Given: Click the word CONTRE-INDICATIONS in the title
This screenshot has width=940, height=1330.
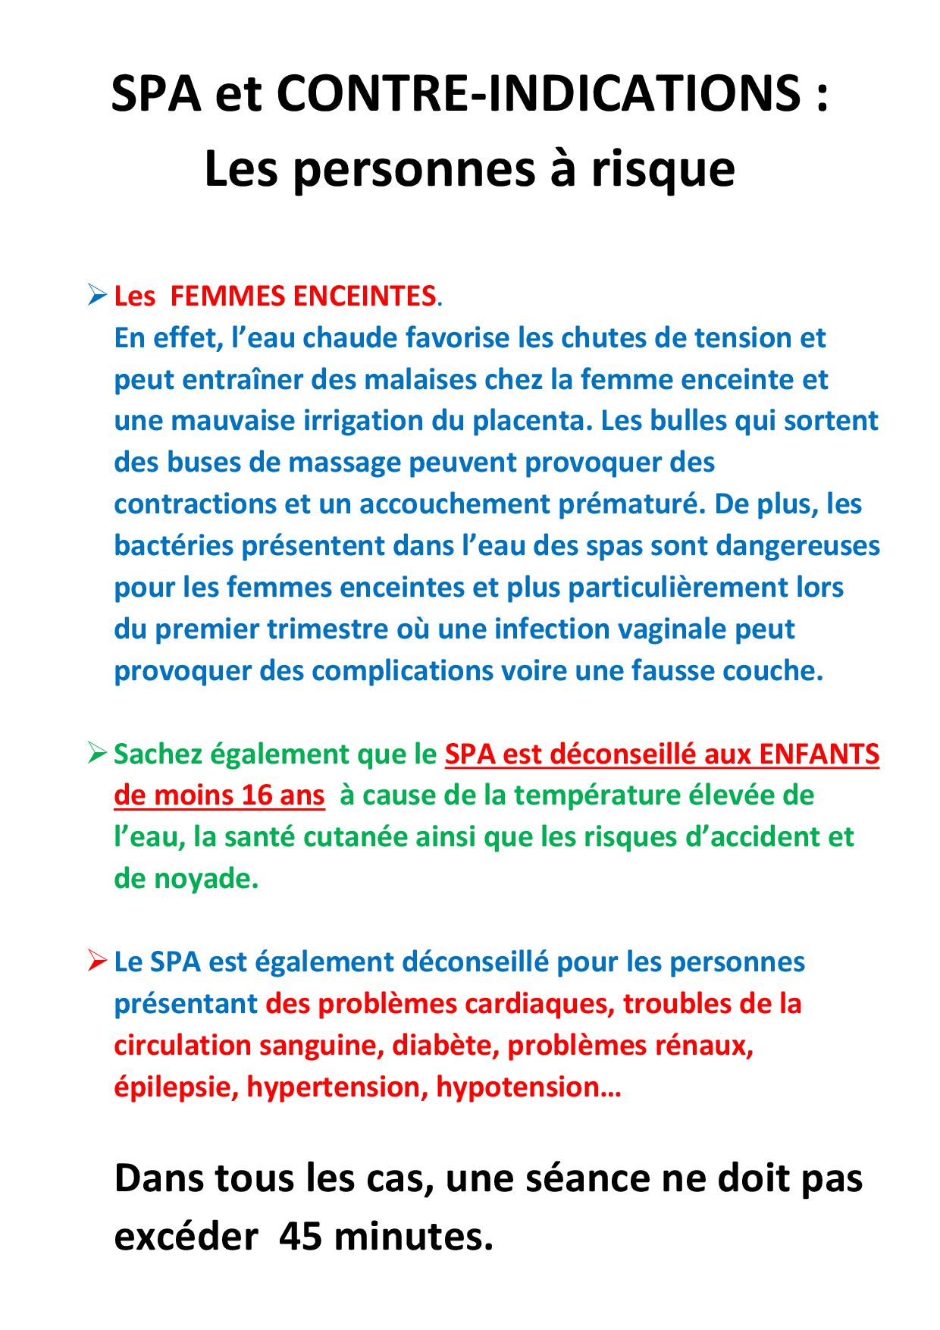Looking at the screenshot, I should (536, 95).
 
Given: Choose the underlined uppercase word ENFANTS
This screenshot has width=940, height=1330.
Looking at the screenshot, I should (819, 754).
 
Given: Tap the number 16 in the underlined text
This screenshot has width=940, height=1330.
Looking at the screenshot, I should (258, 795).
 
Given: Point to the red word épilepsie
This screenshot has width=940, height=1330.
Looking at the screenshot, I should (176, 1087).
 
